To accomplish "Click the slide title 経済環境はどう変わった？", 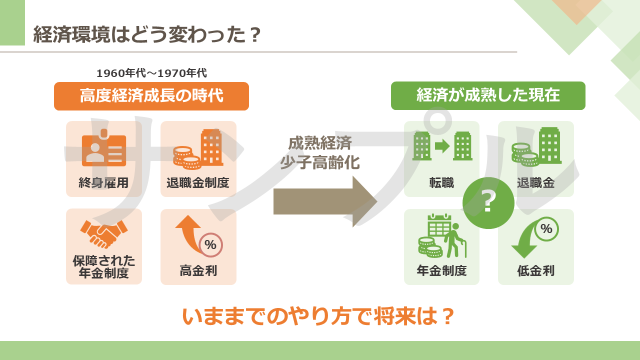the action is [x=147, y=34].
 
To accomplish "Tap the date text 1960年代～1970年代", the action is [x=151, y=73].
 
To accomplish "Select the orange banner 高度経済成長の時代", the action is [x=151, y=96].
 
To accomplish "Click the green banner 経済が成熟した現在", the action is [x=488, y=95].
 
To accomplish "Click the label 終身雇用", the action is [x=103, y=183].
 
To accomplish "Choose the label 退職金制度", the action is [x=198, y=183].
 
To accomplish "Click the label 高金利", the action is [x=198, y=270].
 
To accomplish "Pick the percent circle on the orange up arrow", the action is [x=210, y=245].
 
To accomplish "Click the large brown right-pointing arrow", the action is [x=325, y=201].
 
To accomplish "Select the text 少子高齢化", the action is [x=320, y=163].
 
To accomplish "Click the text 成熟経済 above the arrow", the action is [x=320, y=143].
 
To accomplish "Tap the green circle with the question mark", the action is [x=488, y=203].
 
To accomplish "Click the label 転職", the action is [x=441, y=183].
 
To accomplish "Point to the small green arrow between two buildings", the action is [x=442, y=146].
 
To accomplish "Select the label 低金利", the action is [x=535, y=270].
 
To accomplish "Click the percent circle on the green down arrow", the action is [x=546, y=229].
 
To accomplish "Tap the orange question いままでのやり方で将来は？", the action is [x=318, y=316].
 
